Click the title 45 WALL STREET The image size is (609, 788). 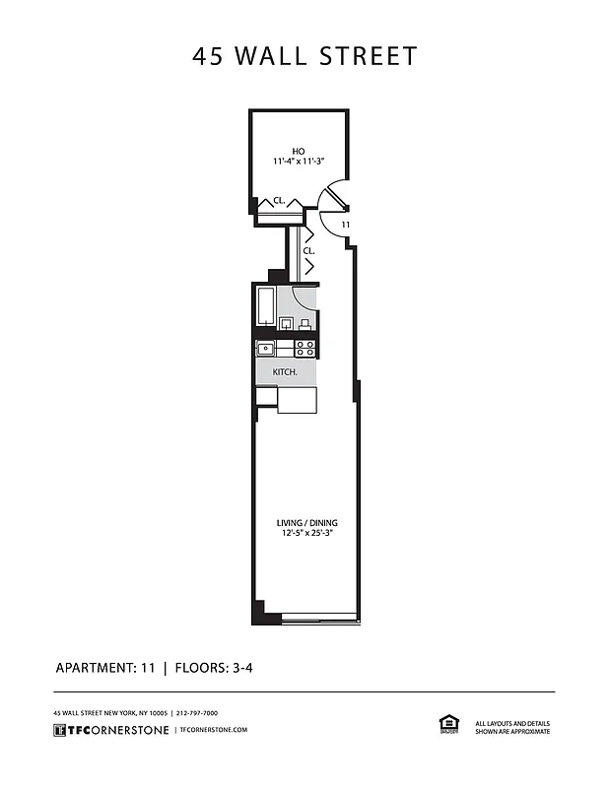click(304, 56)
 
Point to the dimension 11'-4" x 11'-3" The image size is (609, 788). click(299, 162)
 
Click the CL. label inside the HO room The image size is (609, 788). click(279, 201)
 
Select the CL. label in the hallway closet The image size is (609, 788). click(308, 251)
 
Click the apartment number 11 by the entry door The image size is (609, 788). click(345, 226)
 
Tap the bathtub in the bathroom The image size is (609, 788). click(265, 306)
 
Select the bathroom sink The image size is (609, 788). click(286, 324)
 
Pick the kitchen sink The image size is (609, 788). click(265, 348)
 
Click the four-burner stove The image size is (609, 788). click(305, 348)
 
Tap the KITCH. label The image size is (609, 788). click(271, 372)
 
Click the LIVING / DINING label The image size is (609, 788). click(305, 522)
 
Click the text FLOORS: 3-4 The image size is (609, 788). click(215, 668)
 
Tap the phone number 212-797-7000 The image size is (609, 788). click(197, 712)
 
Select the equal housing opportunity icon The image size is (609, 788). click(447, 724)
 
